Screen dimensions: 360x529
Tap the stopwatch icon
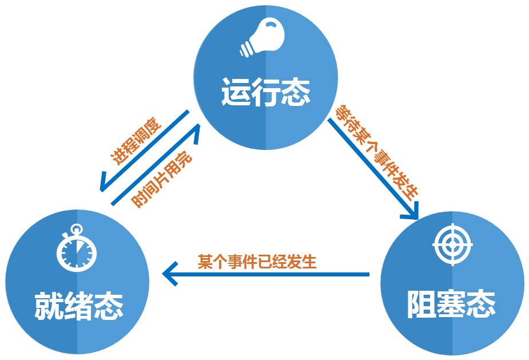[x=77, y=250]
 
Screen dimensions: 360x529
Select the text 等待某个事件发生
[x=377, y=151]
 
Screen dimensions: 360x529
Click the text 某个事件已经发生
[x=257, y=262]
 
